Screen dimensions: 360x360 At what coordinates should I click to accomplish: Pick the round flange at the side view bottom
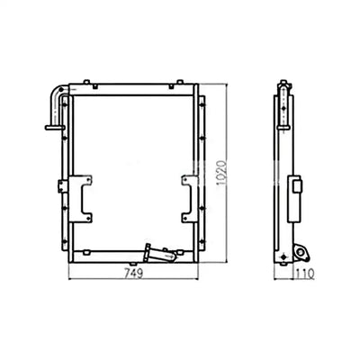pyautogui.click(x=286, y=255)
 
